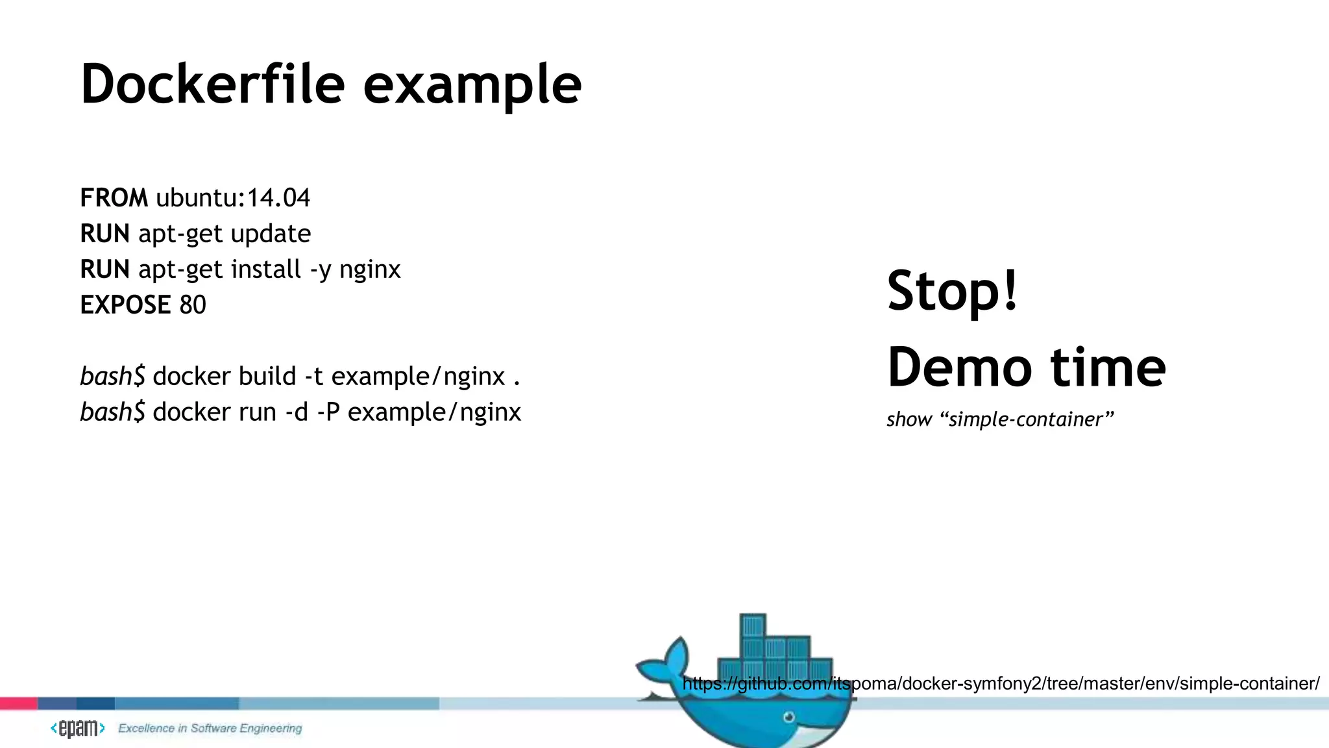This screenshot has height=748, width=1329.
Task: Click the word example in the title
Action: (x=472, y=86)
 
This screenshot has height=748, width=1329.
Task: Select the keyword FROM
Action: (x=114, y=198)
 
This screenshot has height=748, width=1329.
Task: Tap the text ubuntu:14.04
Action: (x=233, y=198)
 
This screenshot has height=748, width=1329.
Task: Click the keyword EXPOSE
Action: (x=125, y=305)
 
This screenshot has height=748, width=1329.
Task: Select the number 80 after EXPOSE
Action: (x=193, y=305)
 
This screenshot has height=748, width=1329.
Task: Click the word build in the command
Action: (x=267, y=376)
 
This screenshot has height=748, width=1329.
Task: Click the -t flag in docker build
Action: (x=313, y=376)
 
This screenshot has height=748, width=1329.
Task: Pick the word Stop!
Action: (x=953, y=290)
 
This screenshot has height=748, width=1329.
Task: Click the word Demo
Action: (x=959, y=368)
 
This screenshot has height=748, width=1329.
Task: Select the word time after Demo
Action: (x=1108, y=368)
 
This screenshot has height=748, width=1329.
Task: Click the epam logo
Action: (x=78, y=729)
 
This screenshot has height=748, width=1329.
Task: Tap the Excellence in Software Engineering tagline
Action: (x=210, y=729)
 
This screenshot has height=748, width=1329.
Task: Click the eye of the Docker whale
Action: (x=788, y=717)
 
